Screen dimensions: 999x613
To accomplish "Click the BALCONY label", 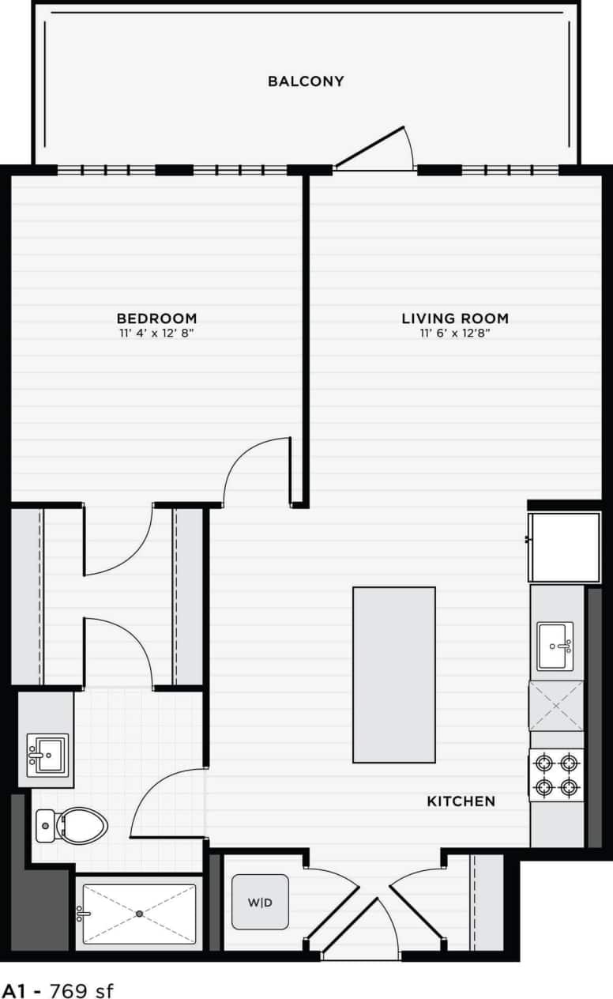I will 306,81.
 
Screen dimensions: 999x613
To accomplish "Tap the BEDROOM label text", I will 155,319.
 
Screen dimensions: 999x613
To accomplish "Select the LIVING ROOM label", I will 455,319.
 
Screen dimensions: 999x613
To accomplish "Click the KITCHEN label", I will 461,801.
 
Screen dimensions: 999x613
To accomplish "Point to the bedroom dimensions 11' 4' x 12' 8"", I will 155,334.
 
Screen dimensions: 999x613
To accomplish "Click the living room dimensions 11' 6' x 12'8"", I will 455,334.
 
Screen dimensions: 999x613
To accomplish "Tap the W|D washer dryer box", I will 260,902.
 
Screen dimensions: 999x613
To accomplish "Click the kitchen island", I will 394,674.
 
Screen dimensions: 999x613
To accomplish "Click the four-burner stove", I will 556,775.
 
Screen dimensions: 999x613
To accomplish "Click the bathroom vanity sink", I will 47,755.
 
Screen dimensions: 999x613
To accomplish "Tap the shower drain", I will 139,914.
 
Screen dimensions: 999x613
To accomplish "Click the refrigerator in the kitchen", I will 564,547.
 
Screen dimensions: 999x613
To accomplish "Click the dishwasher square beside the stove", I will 556,706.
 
